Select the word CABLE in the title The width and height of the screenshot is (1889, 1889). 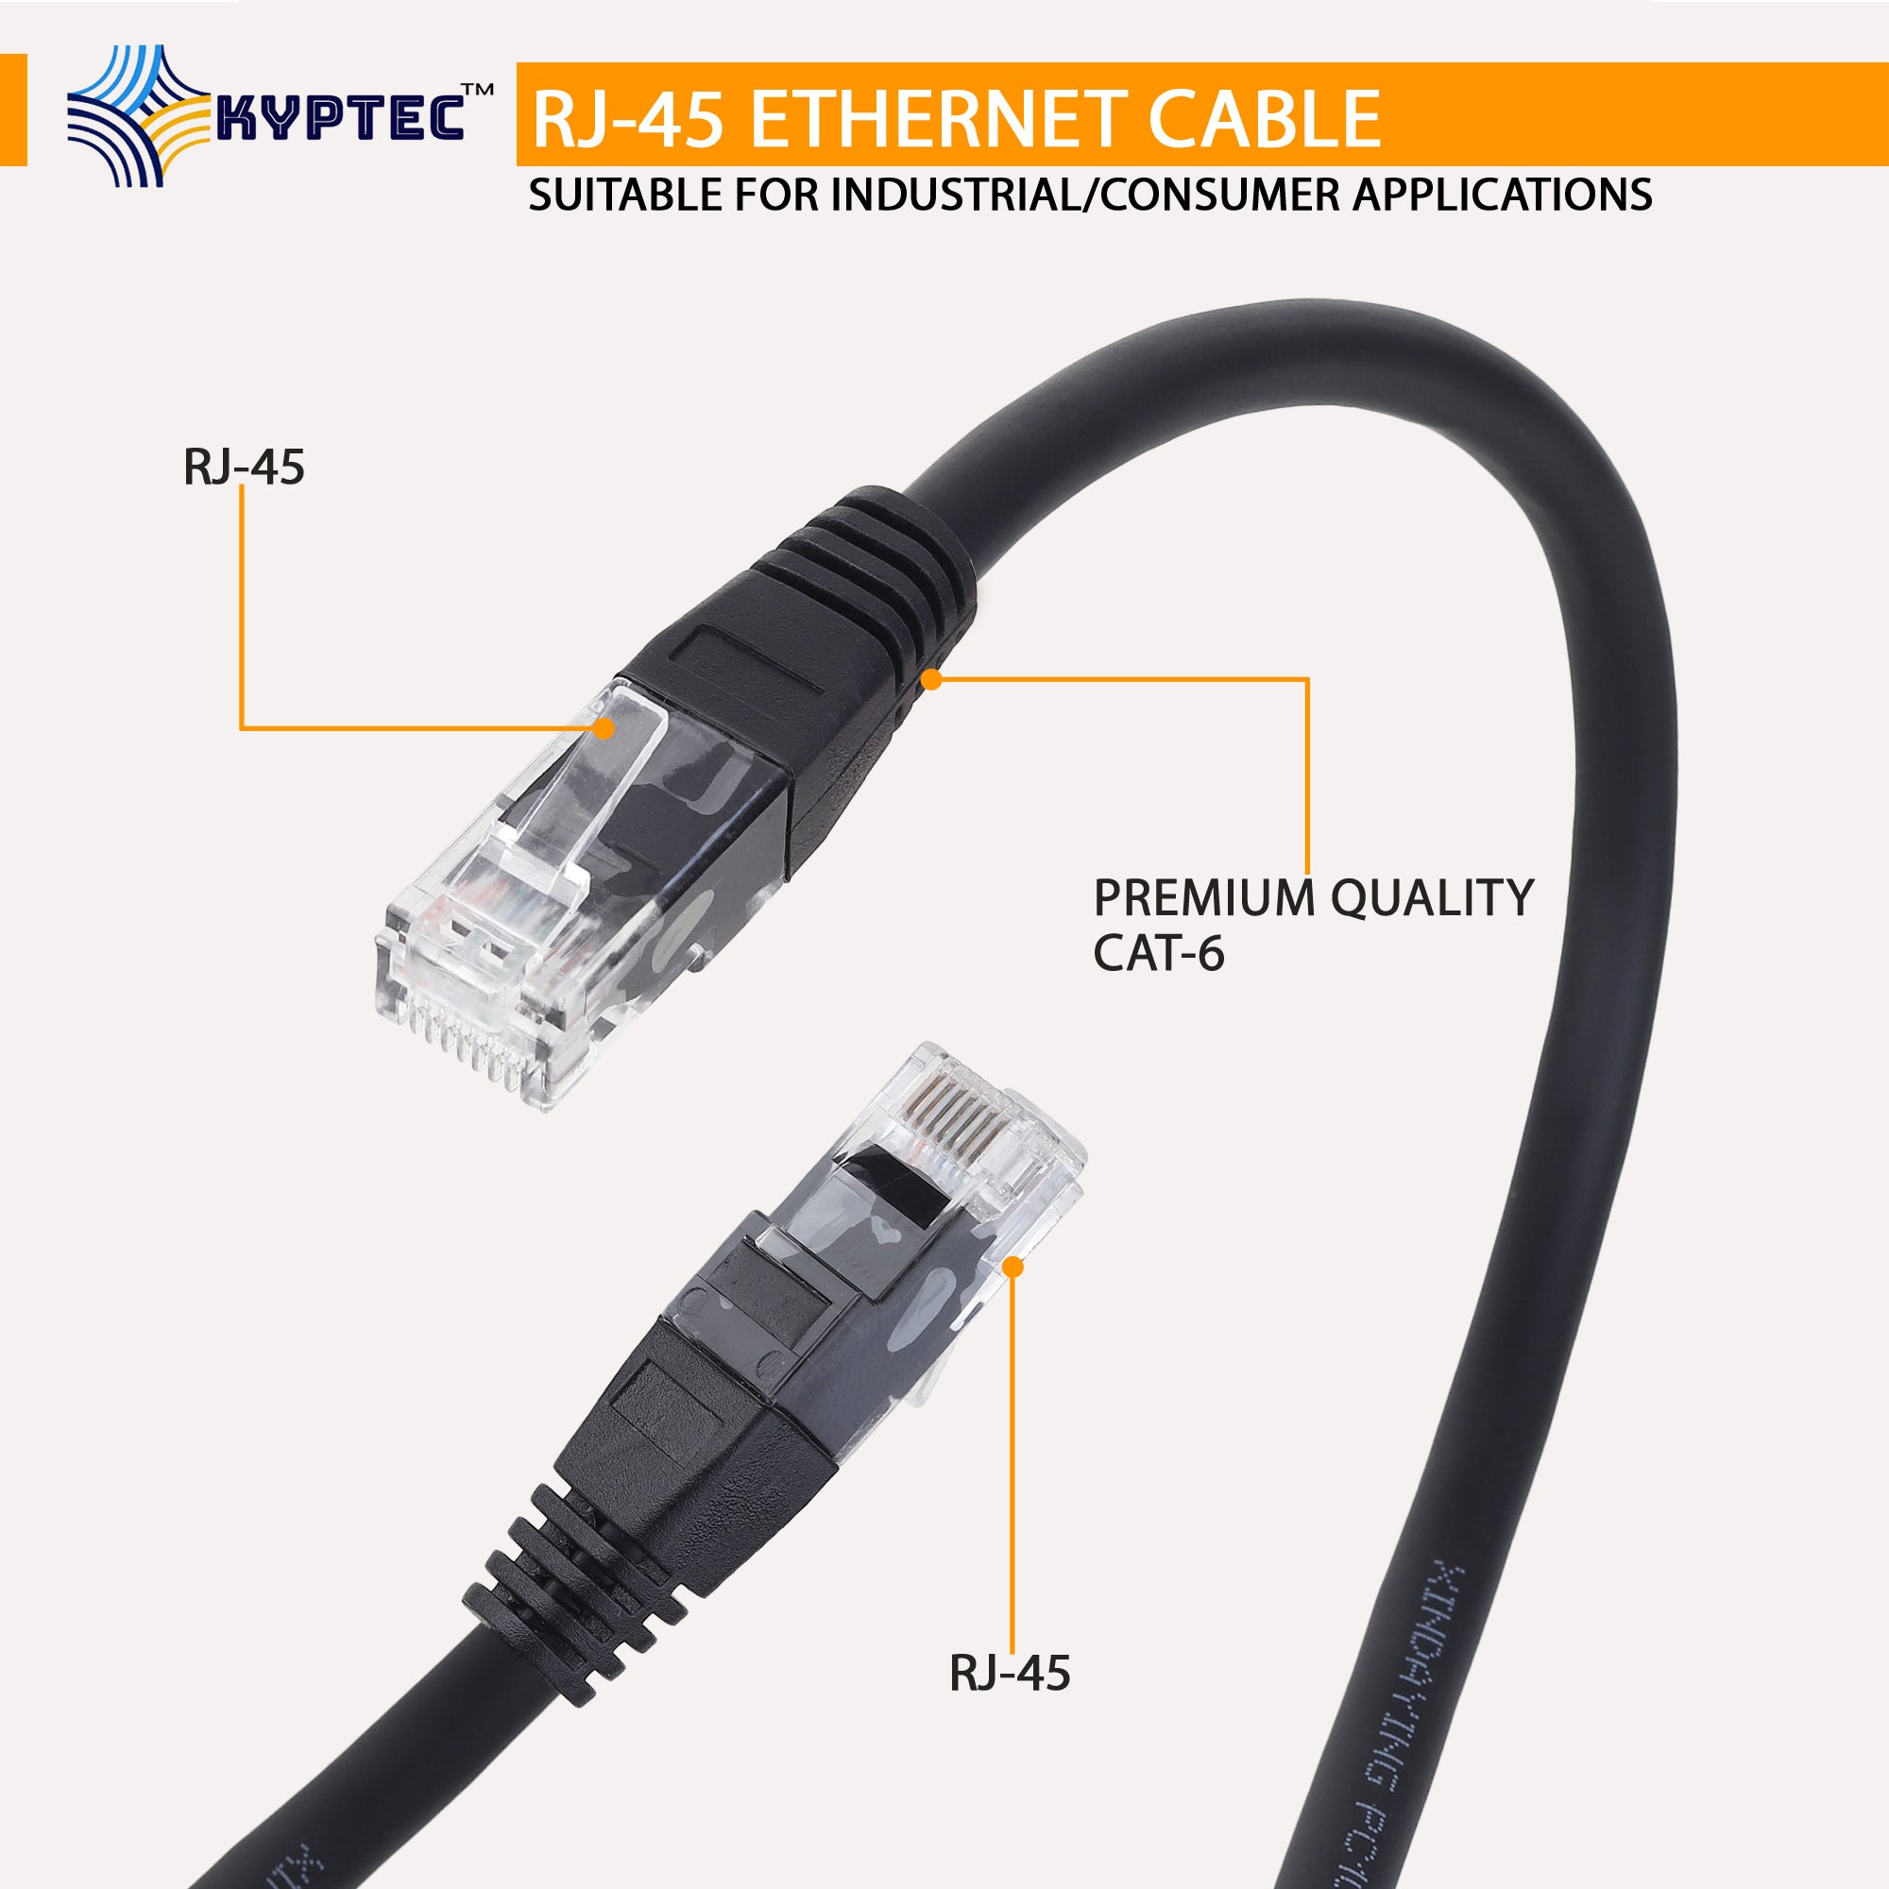1263,119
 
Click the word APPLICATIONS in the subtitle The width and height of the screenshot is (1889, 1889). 1502,195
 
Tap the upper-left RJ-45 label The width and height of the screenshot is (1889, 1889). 244,467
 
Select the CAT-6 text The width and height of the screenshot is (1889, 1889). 1159,953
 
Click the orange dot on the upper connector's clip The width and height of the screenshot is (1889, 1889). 604,727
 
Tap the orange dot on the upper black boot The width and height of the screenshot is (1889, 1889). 932,678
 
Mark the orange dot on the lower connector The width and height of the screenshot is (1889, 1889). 1013,1268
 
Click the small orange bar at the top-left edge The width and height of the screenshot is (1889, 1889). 12,110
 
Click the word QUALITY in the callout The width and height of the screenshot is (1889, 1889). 1432,897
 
